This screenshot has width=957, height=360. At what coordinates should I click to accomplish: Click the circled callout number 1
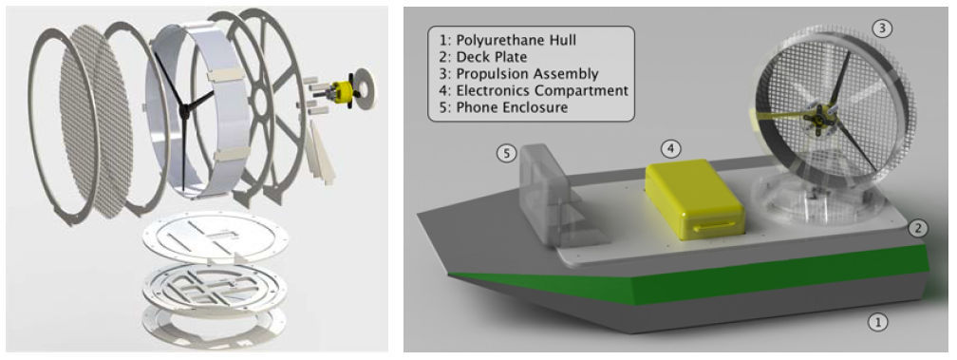pyautogui.click(x=877, y=322)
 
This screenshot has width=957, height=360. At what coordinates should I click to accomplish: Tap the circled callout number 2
pyautogui.click(x=918, y=229)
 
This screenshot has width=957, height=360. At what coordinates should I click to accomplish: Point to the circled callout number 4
pyautogui.click(x=671, y=147)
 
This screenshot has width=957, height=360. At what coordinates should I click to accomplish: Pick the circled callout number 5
pyautogui.click(x=506, y=153)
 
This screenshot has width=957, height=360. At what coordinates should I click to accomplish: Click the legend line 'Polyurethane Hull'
pyautogui.click(x=508, y=41)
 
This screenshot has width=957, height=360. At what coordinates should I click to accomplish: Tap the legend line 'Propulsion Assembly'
pyautogui.click(x=518, y=74)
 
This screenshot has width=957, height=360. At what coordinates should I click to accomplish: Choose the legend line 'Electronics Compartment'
pyautogui.click(x=534, y=91)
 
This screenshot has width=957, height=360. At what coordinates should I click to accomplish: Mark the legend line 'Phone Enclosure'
pyautogui.click(x=503, y=107)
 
